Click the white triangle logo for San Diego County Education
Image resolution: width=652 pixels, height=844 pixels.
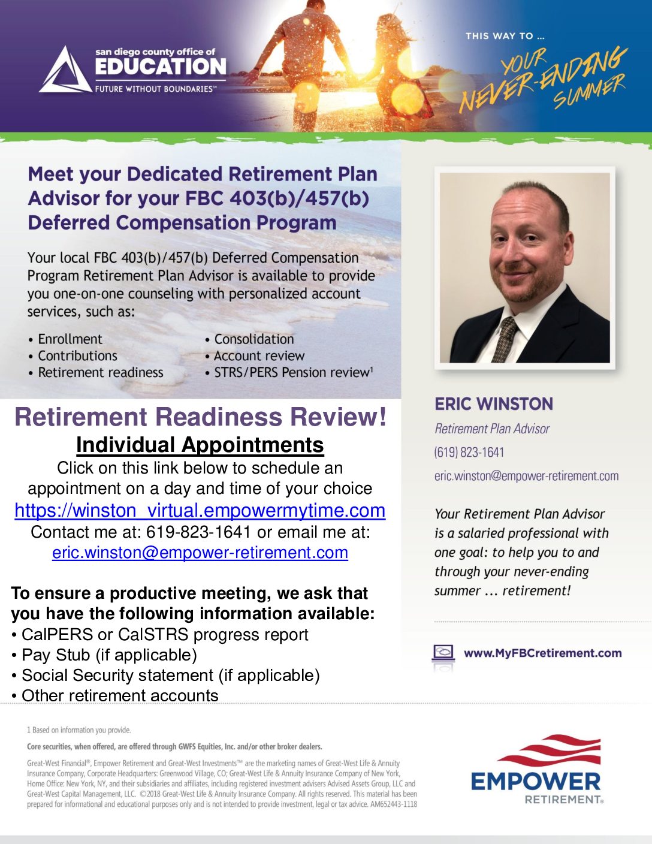point(65,71)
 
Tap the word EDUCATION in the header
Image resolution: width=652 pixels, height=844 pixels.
point(161,67)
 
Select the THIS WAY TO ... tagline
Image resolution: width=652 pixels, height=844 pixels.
point(505,36)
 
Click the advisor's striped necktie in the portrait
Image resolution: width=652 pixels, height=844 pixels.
point(505,339)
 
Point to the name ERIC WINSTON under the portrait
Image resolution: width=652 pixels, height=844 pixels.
point(494,404)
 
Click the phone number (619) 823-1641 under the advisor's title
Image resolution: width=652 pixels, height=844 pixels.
point(469,453)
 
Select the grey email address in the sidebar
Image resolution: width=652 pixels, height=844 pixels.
point(526,476)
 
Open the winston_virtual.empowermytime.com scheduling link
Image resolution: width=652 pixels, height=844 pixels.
point(200,510)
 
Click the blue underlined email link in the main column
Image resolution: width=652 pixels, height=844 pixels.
point(200,552)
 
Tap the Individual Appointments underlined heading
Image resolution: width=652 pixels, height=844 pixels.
point(200,445)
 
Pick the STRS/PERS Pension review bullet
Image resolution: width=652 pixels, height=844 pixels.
point(289,372)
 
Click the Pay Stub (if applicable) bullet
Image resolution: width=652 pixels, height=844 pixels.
point(104,655)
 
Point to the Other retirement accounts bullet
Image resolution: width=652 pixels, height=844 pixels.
point(115,695)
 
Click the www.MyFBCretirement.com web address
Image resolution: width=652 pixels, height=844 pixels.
point(542,653)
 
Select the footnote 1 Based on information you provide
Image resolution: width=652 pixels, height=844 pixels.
point(79,730)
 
